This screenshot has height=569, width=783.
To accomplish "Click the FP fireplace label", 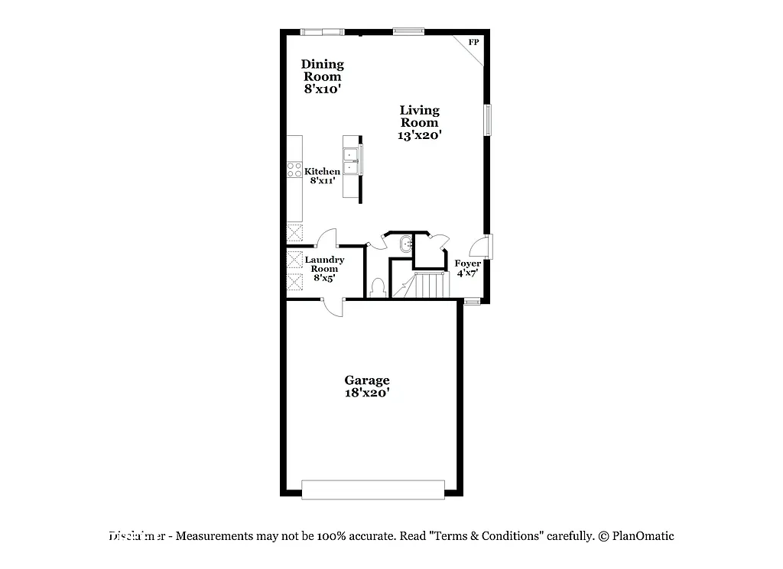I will pyautogui.click(x=473, y=42).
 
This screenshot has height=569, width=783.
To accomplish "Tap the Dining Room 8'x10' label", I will pyautogui.click(x=322, y=76).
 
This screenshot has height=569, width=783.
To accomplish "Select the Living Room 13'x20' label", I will pyautogui.click(x=420, y=123).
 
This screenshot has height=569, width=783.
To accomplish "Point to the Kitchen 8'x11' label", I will pyautogui.click(x=323, y=176).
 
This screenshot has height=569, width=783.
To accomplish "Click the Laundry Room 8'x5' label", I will pyautogui.click(x=324, y=269).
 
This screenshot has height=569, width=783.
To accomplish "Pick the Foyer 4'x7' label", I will pyautogui.click(x=468, y=268).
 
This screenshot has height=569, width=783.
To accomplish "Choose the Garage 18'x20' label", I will pyautogui.click(x=367, y=386).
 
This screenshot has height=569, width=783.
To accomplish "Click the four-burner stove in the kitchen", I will pyautogui.click(x=294, y=170).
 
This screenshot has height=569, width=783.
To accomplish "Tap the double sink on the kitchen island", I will pyautogui.click(x=352, y=162).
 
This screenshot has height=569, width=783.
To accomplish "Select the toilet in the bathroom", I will pyautogui.click(x=376, y=288).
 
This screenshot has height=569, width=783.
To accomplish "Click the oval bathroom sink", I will pyautogui.click(x=405, y=244).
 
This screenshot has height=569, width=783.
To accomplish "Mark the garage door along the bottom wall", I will pyautogui.click(x=373, y=490).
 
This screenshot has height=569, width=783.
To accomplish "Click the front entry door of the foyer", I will pyautogui.click(x=478, y=247).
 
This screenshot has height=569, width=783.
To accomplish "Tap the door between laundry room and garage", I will pyautogui.click(x=333, y=306).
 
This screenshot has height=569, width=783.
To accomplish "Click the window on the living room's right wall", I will pyautogui.click(x=487, y=120).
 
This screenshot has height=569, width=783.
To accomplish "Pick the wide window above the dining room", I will pyautogui.click(x=322, y=32).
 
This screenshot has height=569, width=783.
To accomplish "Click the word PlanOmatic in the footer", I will pyautogui.click(x=643, y=536).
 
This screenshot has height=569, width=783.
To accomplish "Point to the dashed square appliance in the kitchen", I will pyautogui.click(x=294, y=233).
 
